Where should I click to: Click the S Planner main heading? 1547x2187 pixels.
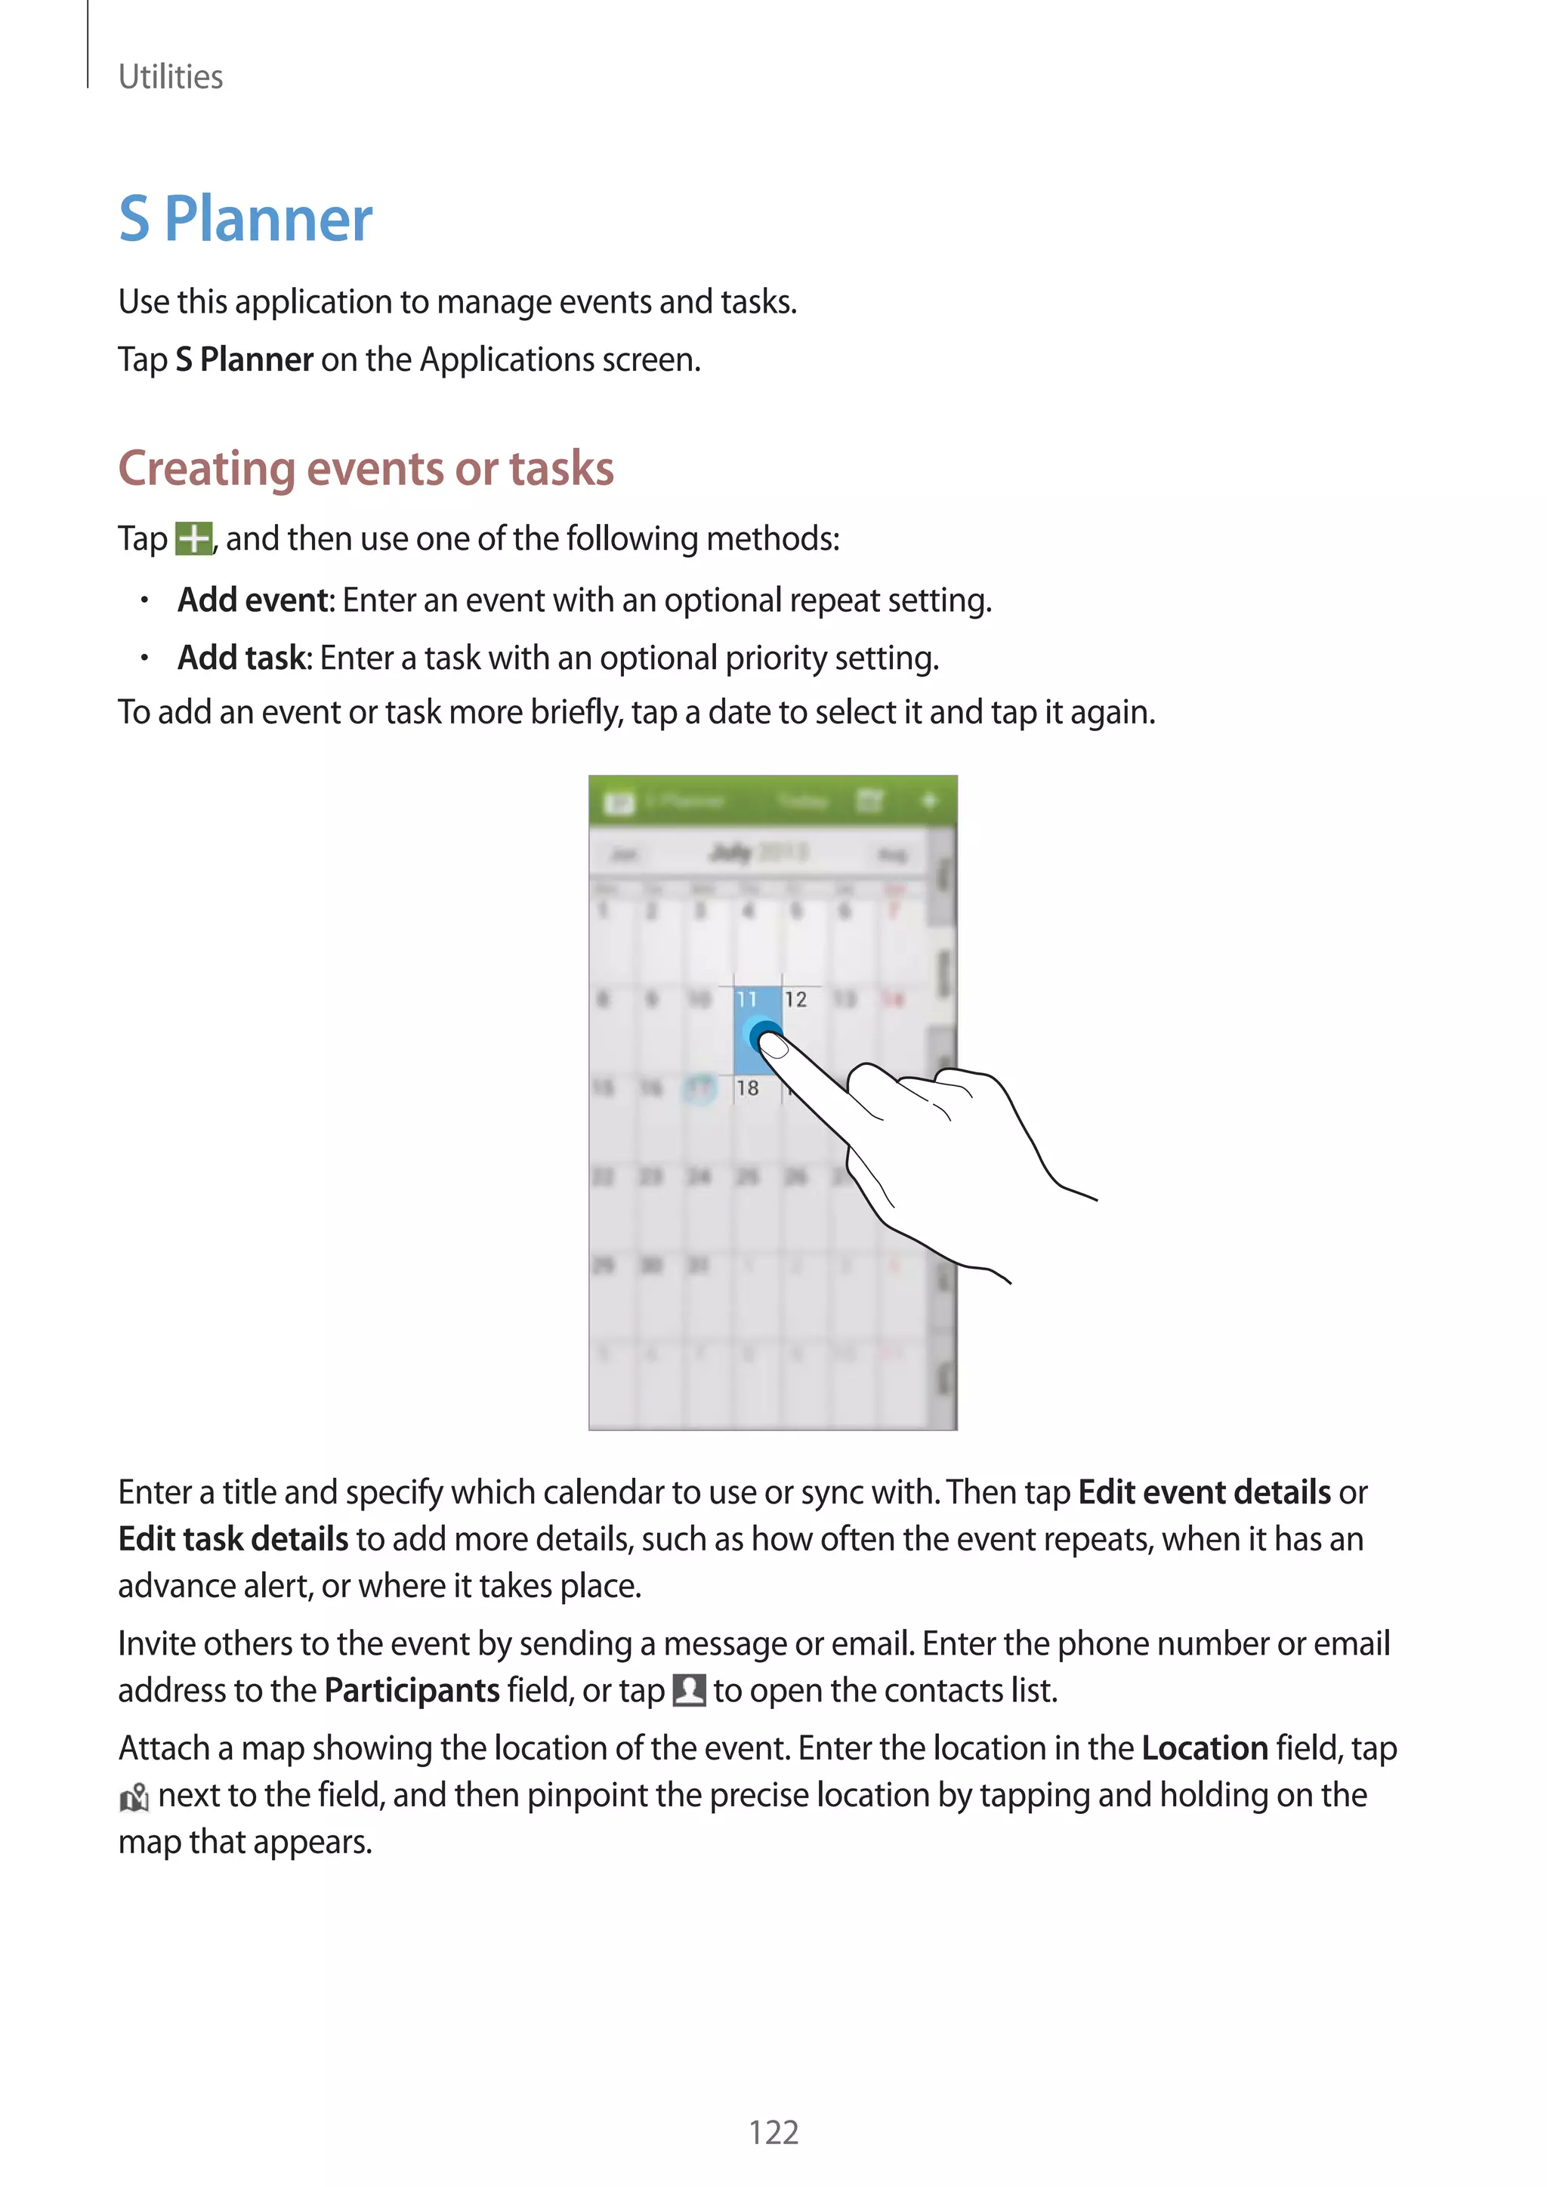[x=245, y=220]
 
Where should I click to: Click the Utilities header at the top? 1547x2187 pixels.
[x=171, y=77]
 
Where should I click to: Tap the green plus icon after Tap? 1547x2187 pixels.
[x=194, y=539]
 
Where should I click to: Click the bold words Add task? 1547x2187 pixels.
[x=243, y=659]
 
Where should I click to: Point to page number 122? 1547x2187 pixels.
[x=773, y=2132]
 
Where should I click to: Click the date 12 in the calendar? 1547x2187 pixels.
[x=795, y=999]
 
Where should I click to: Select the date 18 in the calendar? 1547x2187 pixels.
[x=748, y=1087]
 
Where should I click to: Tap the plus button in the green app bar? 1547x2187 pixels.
[x=930, y=801]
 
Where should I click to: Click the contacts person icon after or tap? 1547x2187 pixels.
[x=689, y=1691]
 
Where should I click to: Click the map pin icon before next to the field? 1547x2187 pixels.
[x=134, y=1797]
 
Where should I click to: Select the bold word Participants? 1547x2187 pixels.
[x=412, y=1691]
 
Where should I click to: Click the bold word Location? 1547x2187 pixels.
[x=1204, y=1749]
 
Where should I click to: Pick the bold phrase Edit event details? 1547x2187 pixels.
[x=1204, y=1492]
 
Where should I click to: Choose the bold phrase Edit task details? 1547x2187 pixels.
[x=233, y=1539]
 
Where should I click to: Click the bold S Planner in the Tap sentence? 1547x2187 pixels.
[x=244, y=360]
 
